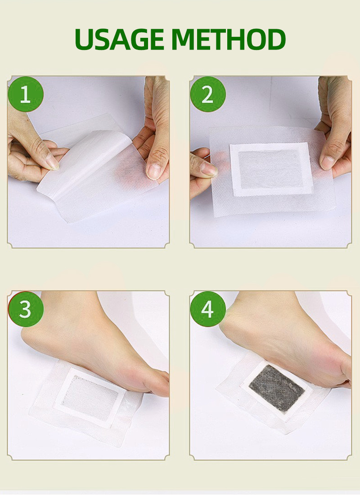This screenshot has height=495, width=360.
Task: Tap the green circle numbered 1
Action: point(26,94)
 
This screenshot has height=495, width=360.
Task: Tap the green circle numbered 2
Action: point(207,94)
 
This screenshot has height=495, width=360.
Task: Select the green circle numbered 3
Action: point(26,309)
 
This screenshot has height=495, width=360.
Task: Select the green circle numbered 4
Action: point(207,309)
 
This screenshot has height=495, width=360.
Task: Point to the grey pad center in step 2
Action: point(271,169)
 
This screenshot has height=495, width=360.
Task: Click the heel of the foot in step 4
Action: point(234,324)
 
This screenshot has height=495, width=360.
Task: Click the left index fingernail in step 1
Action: point(53,161)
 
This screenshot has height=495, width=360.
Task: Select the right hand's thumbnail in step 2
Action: point(328,162)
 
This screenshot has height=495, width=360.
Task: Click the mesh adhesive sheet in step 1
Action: point(103,180)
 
